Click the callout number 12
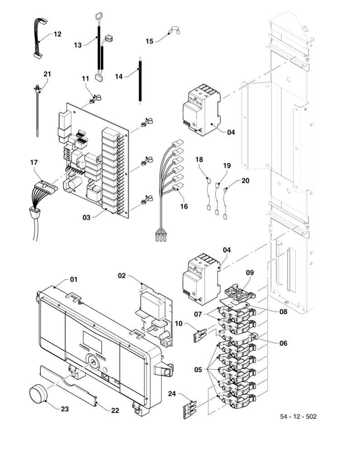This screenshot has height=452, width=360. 57,34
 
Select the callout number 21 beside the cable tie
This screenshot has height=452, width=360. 48,74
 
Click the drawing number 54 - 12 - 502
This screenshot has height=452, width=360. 298,416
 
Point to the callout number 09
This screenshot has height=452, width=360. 250,273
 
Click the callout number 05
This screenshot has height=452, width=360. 198,370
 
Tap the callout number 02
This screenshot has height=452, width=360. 122,275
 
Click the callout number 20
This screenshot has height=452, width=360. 245,180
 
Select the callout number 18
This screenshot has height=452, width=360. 200,160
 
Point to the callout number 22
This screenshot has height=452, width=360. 115,410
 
